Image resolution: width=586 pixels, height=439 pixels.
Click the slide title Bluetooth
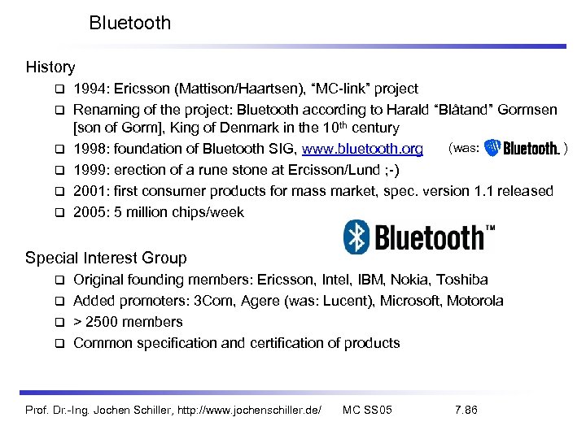click(130, 23)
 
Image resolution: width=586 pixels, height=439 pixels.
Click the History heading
click(50, 67)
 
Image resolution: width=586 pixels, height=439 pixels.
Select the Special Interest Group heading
click(106, 258)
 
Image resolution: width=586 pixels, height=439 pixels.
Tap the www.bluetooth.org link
click(362, 149)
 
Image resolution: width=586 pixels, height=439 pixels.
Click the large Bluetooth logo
click(419, 237)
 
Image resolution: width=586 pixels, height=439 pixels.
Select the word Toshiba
click(461, 280)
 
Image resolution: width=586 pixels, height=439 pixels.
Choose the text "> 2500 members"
click(128, 321)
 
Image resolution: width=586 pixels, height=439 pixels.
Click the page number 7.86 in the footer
click(466, 409)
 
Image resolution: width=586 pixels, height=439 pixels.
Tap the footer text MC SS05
click(367, 409)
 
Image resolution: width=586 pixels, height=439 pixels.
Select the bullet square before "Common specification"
click(59, 343)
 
